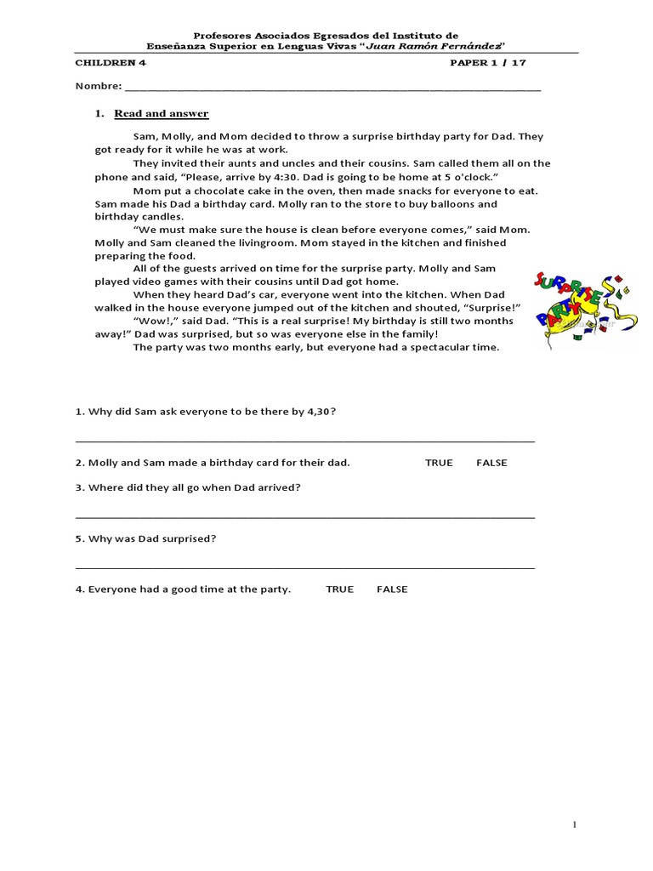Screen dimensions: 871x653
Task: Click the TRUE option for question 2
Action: pyautogui.click(x=439, y=463)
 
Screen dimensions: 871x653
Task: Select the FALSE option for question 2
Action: pyautogui.click(x=491, y=463)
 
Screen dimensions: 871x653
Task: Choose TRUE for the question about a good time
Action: pyautogui.click(x=339, y=589)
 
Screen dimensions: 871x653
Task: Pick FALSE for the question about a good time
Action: pyautogui.click(x=392, y=589)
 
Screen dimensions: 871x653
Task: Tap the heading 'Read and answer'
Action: pyautogui.click(x=162, y=114)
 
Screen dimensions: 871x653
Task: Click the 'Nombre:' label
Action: pyautogui.click(x=98, y=87)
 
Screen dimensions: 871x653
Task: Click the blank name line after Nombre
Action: pyautogui.click(x=332, y=88)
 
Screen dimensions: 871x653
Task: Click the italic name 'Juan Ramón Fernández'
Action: pyautogui.click(x=440, y=47)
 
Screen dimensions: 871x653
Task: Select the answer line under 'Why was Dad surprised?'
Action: pyautogui.click(x=305, y=566)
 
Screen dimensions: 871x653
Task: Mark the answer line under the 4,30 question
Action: pyautogui.click(x=305, y=441)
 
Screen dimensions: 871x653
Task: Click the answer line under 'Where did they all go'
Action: pyautogui.click(x=305, y=516)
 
